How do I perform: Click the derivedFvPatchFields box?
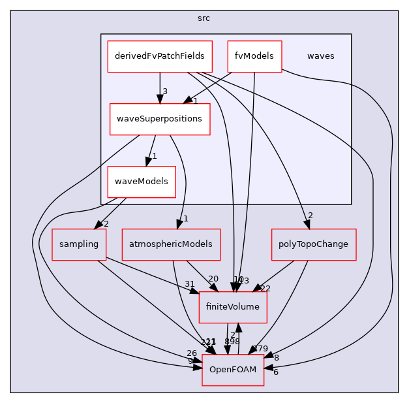click(x=160, y=57)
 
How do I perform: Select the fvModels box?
click(x=254, y=57)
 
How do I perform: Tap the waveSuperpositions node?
click(x=160, y=119)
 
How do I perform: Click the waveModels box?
click(x=142, y=182)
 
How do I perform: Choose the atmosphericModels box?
click(x=171, y=244)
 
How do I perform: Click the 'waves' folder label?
click(x=320, y=56)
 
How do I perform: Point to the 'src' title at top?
click(x=204, y=18)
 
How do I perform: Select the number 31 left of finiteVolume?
click(x=190, y=284)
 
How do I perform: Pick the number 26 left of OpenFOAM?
click(x=191, y=353)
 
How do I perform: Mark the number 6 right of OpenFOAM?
click(x=276, y=372)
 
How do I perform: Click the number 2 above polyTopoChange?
click(x=311, y=216)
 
